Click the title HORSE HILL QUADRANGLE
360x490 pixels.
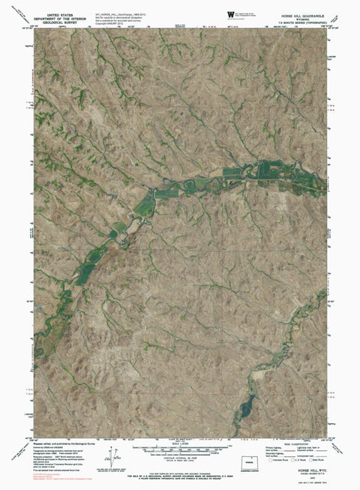click(x=301, y=14)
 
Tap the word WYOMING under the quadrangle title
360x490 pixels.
click(x=301, y=18)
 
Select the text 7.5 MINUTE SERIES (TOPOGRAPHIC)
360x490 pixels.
click(x=301, y=22)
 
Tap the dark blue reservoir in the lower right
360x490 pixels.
click(x=243, y=410)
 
